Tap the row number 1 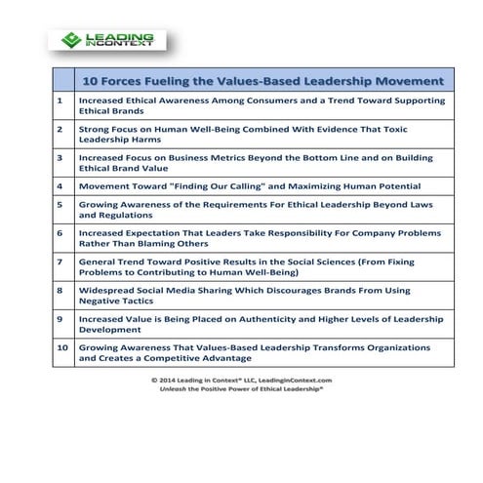[x=60, y=101]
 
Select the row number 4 [x=60, y=184]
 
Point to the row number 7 [x=60, y=262]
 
